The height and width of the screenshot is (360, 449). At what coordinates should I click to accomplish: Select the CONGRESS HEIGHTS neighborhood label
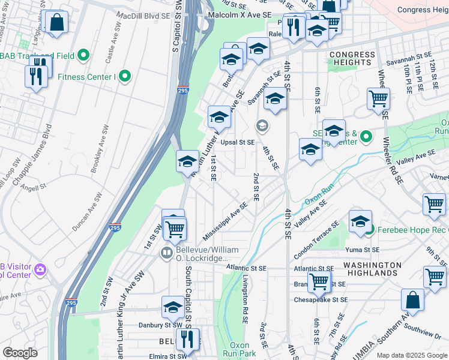pyautogui.click(x=352, y=58)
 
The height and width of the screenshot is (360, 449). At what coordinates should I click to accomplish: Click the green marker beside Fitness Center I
pyautogui.click(x=125, y=76)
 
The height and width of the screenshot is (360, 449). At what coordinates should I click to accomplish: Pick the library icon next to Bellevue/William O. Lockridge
pyautogui.click(x=167, y=254)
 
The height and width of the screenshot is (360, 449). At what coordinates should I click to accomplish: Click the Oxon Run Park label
pyautogui.click(x=240, y=349)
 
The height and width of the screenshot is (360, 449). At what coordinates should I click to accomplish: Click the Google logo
pyautogui.click(x=20, y=353)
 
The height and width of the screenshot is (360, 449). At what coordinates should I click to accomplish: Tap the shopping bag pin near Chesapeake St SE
pyautogui.click(x=413, y=300)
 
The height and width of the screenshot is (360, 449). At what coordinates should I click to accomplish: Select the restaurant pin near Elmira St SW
pyautogui.click(x=188, y=339)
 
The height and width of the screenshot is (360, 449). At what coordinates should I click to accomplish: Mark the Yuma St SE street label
pyautogui.click(x=362, y=250)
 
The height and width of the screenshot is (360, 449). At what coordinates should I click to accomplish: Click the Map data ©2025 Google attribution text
pyautogui.click(x=412, y=355)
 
